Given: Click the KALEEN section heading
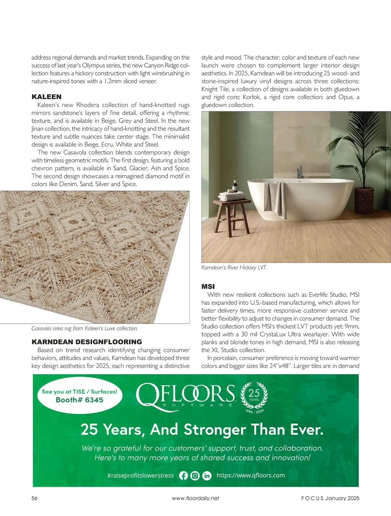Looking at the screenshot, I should coord(46,97).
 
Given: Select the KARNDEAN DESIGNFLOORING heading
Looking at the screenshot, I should coord(87,342).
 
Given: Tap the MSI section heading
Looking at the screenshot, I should coord(208,287).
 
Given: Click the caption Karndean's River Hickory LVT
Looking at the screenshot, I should coord(234,268).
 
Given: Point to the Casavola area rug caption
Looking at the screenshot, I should coord(85,328).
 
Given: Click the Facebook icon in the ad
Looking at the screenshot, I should coord(183,476).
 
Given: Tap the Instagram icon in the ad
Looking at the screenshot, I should coord(195,476).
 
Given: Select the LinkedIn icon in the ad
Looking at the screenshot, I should coord(207,476).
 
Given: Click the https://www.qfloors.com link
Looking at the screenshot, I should coord(251,475).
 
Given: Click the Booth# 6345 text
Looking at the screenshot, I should coord(79,400).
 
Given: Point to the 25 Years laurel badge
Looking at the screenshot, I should coord(254,396).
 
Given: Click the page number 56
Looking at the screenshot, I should coord(35,498).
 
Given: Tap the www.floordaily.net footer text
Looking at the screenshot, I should coord(195,498).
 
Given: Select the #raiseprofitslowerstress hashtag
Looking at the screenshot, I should coord(140,476).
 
